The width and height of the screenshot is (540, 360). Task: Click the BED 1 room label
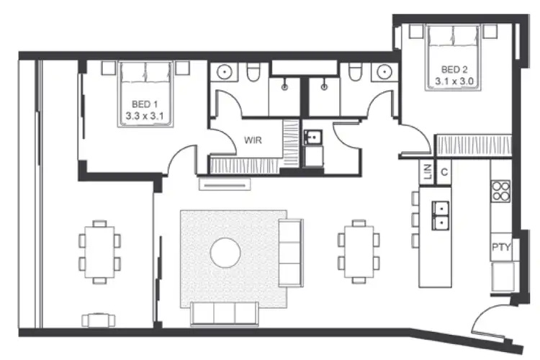(x=147, y=102)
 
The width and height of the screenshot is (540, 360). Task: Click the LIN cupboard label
(x=427, y=172)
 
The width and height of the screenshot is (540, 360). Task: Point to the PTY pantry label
(x=501, y=248)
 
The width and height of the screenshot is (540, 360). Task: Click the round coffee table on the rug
(x=225, y=252)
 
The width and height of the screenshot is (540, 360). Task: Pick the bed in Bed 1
(x=147, y=94)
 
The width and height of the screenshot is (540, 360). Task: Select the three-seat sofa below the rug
(x=225, y=313)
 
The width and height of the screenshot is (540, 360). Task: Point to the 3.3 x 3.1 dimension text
(x=147, y=113)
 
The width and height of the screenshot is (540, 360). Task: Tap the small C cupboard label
(x=444, y=172)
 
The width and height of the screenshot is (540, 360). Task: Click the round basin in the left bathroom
(x=225, y=72)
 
